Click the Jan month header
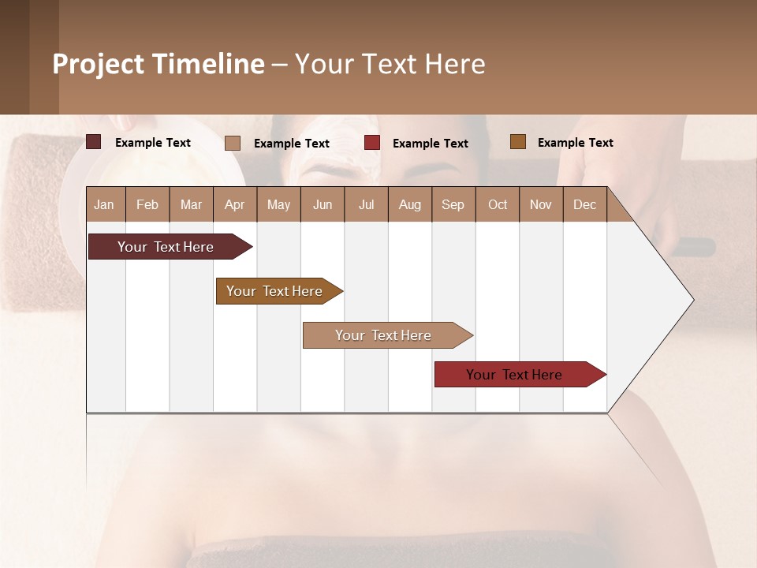pos(104,204)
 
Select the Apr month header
pos(234,204)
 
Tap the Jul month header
pos(366,204)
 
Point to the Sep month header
pos(453,204)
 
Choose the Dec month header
pos(584,204)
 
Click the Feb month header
pos(147,204)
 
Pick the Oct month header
pos(498,204)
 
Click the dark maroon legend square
pos(94,142)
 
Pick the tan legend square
pos(233,143)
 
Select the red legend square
pos(372,143)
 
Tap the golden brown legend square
pos(518,142)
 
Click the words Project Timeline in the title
pos(158,64)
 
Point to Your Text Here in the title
pos(390,64)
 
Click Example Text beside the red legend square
pos(431,144)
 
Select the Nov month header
pos(541,204)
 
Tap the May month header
pos(278,204)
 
